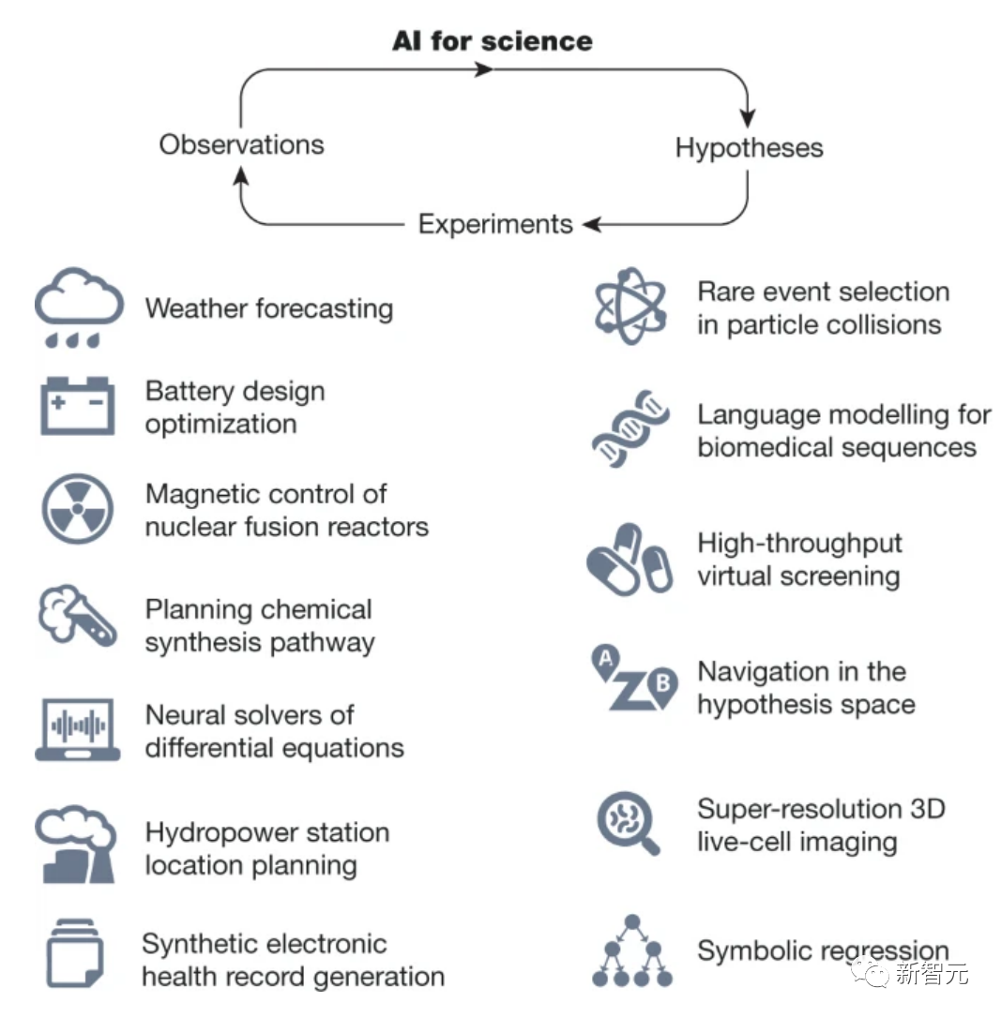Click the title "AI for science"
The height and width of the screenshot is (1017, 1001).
tap(493, 41)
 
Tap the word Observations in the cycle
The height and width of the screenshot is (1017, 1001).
tap(241, 144)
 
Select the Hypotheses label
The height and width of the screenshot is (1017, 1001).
tap(749, 148)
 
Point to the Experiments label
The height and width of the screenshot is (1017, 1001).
tap(495, 225)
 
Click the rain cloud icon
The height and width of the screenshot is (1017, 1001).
tap(79, 307)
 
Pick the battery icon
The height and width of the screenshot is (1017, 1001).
tap(78, 406)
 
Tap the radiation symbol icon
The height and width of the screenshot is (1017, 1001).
tap(78, 510)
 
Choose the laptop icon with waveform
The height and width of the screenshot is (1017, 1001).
tap(78, 728)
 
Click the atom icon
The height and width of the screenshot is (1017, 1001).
tap(631, 306)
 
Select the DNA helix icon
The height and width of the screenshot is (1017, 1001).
tap(631, 429)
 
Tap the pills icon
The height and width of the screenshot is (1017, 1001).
tap(629, 559)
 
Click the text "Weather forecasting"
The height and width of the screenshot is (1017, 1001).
tap(269, 308)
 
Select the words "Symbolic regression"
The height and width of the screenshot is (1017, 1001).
tap(822, 951)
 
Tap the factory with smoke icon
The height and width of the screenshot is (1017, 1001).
tap(75, 846)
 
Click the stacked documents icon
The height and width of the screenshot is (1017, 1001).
tap(74, 953)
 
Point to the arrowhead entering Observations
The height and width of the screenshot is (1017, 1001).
tap(241, 174)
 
